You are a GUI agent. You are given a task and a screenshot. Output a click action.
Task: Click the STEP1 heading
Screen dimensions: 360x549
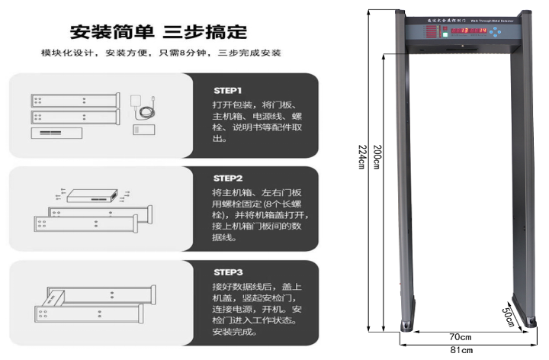[x=227, y=89]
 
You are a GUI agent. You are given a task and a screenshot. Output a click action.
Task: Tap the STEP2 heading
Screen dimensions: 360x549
[x=227, y=178]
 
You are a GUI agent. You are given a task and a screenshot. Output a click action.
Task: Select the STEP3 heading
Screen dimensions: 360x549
[x=227, y=272]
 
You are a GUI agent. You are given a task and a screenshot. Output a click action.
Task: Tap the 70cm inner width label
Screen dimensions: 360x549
[x=460, y=336]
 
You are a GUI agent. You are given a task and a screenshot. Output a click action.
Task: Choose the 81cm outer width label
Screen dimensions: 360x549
[x=461, y=350]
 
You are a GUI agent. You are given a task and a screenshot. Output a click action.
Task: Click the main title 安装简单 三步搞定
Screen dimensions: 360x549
[x=158, y=32]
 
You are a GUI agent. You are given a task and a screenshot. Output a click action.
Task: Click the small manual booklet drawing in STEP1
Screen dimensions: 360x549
[x=143, y=129]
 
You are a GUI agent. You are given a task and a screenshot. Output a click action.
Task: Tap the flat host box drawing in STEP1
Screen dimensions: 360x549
[x=58, y=133]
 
